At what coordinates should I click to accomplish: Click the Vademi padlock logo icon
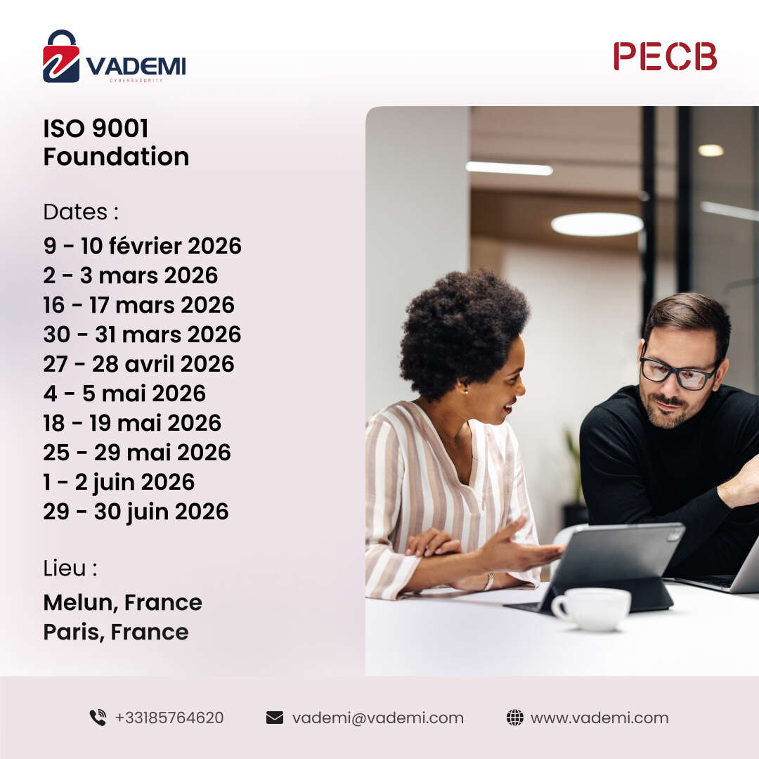(x=61, y=56)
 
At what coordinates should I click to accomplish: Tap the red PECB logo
(x=665, y=56)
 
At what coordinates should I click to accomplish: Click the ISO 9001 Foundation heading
(x=116, y=142)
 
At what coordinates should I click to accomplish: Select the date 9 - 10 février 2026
(x=142, y=246)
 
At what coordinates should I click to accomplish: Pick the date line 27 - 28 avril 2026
(x=139, y=364)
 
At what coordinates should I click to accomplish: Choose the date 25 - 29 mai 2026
(x=137, y=453)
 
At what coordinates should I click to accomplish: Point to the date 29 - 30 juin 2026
(x=136, y=512)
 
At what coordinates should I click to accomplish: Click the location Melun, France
(x=123, y=603)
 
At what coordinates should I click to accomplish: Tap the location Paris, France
(x=116, y=632)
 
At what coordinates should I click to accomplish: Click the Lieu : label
(x=70, y=569)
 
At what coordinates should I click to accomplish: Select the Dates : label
(x=81, y=212)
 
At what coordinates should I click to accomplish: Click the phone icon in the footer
(x=98, y=718)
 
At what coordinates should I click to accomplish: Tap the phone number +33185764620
(x=169, y=718)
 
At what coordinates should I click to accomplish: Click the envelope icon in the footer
(x=275, y=718)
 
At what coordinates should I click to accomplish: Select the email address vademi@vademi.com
(x=378, y=718)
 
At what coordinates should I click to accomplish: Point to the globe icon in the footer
(x=515, y=718)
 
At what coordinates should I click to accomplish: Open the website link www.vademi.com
(x=599, y=718)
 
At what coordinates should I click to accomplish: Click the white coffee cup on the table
(x=591, y=609)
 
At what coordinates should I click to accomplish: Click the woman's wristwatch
(x=489, y=582)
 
